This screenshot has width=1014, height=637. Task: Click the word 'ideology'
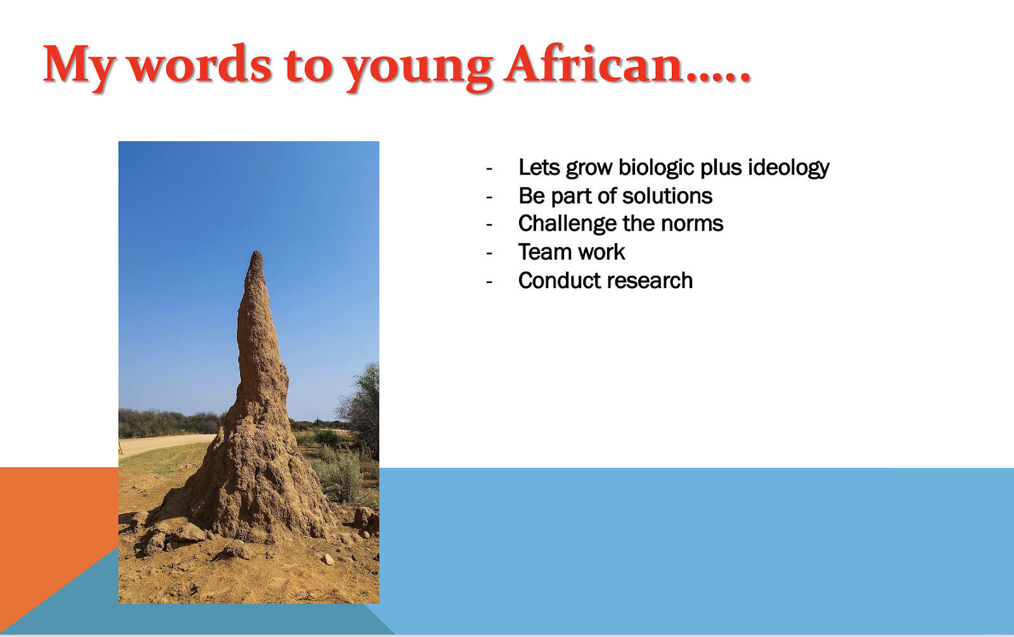(x=788, y=167)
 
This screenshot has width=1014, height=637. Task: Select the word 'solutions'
(x=667, y=196)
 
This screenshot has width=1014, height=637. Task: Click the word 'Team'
(x=544, y=252)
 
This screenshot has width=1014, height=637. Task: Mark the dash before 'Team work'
(x=489, y=253)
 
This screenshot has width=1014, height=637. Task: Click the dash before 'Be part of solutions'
(x=489, y=198)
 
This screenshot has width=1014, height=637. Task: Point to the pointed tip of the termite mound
(x=257, y=252)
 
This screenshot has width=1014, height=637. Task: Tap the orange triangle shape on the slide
(x=45, y=534)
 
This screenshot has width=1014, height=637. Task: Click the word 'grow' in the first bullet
(x=589, y=168)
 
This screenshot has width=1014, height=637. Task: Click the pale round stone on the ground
(x=327, y=559)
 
